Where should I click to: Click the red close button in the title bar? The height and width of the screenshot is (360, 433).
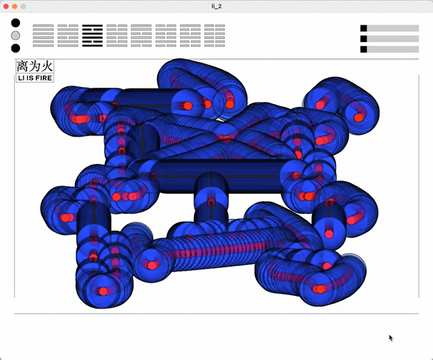(6, 6)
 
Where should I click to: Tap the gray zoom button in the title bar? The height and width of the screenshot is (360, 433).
(24, 6)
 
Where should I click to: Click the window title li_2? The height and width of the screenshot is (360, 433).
(217, 6)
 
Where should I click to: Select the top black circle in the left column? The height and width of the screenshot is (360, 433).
(16, 23)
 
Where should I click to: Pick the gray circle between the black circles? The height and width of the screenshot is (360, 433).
(16, 36)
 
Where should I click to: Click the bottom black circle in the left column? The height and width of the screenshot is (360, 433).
(16, 48)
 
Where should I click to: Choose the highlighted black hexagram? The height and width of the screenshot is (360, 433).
(93, 36)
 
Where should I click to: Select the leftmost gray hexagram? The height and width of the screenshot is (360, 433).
(44, 36)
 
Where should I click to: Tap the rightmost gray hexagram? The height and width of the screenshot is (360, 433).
(215, 36)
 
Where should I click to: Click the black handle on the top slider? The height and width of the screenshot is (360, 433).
(364, 28)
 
